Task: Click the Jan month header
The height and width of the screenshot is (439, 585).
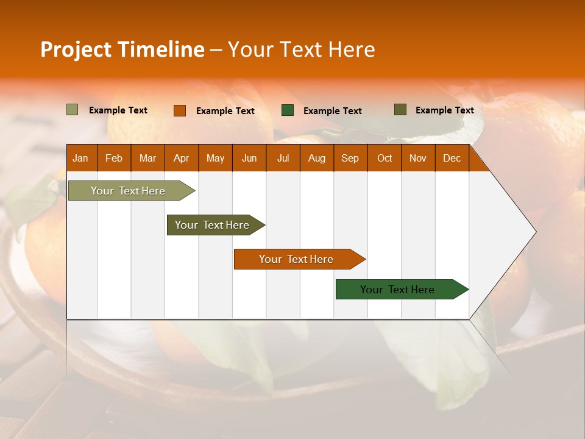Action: click(81, 158)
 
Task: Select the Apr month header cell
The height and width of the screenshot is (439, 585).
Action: click(182, 158)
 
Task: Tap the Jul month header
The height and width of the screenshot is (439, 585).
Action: click(283, 158)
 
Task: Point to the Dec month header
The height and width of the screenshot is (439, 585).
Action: click(452, 158)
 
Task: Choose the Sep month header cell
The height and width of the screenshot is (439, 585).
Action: click(350, 158)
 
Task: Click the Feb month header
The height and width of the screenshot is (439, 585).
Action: click(114, 158)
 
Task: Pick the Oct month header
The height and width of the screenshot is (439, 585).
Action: click(385, 158)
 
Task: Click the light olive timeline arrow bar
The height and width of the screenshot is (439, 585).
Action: click(128, 191)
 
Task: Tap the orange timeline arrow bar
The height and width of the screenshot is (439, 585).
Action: click(296, 259)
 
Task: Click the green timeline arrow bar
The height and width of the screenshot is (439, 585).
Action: click(397, 290)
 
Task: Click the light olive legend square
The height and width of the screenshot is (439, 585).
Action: click(72, 110)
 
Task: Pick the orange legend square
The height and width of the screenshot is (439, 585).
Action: click(179, 110)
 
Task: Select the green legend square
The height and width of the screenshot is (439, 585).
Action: click(288, 110)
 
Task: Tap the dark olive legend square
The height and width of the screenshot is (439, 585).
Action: click(400, 110)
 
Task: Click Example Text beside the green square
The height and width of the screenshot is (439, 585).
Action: click(332, 111)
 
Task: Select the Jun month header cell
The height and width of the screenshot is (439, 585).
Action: click(249, 158)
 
